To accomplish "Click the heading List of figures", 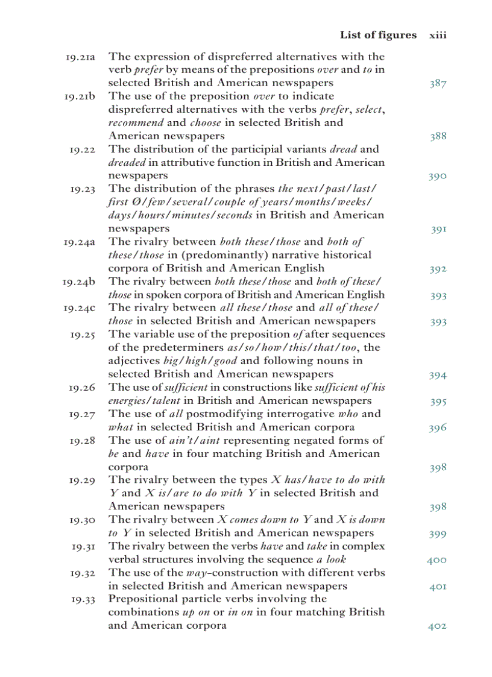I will (x=378, y=35).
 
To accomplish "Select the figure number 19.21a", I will (x=80, y=57).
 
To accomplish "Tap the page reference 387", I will (x=438, y=83).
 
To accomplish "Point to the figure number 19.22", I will (x=83, y=149).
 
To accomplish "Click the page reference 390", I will (x=438, y=176).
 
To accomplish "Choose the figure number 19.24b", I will (x=79, y=282).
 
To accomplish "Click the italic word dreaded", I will (x=123, y=162).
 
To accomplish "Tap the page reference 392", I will (x=438, y=269).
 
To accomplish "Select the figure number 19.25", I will (x=83, y=334).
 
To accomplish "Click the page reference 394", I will (x=438, y=375).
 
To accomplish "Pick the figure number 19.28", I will (x=83, y=440).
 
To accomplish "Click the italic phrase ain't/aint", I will (x=189, y=440).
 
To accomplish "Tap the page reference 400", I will (x=437, y=560).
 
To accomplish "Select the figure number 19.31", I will (x=83, y=547).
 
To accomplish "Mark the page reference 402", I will (x=437, y=626).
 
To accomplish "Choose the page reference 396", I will (x=438, y=428).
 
